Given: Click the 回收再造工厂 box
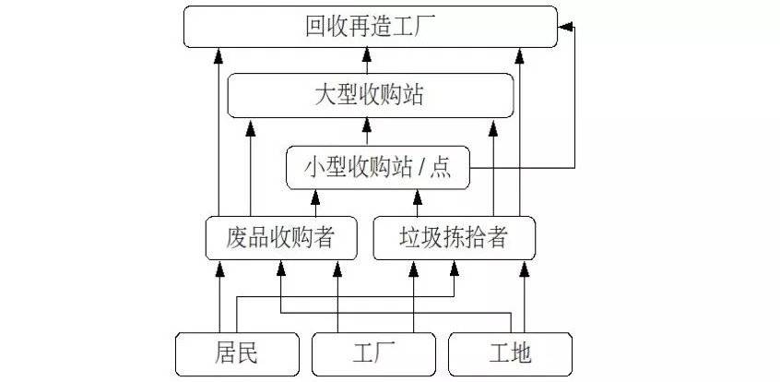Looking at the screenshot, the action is pos(370,27).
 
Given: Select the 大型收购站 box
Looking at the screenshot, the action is pos(370,95).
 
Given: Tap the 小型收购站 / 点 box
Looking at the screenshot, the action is pos(378,168).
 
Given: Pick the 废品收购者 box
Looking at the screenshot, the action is pos(281,238).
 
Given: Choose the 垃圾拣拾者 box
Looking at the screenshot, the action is pos(455,238).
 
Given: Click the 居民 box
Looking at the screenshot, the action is pos(237,354).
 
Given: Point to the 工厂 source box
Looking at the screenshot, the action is pos(373,354).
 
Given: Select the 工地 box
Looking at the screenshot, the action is pos(510,354).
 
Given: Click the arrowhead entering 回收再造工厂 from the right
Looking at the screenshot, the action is pos(565,27).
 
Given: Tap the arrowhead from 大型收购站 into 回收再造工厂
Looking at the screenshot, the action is pos(367,54).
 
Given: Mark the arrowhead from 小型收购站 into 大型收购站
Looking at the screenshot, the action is pos(367,125).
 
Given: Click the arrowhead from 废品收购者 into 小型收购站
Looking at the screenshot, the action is pos(315,197).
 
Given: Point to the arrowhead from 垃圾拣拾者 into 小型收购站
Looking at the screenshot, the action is pos(418,197).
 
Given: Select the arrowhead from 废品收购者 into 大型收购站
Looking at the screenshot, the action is pos(250,128).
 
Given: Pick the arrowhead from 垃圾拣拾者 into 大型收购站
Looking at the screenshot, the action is pos(493,128).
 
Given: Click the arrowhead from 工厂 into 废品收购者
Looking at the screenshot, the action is pos(337,269).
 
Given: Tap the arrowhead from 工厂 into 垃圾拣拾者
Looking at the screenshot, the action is pos(413,269).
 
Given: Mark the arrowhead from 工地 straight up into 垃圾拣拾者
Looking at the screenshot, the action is pos(525,269).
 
